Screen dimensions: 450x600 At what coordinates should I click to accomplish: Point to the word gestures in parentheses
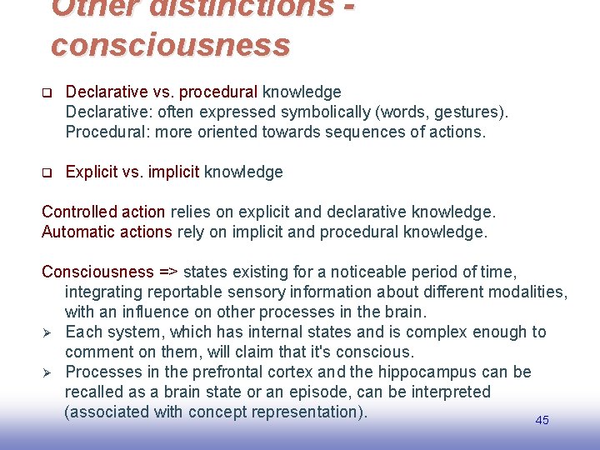pos(469,112)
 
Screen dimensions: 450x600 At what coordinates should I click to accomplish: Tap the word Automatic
pos(78,232)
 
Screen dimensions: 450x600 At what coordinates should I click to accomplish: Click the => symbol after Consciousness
pos(168,272)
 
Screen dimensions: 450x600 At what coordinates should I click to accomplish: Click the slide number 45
pos(542,420)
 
